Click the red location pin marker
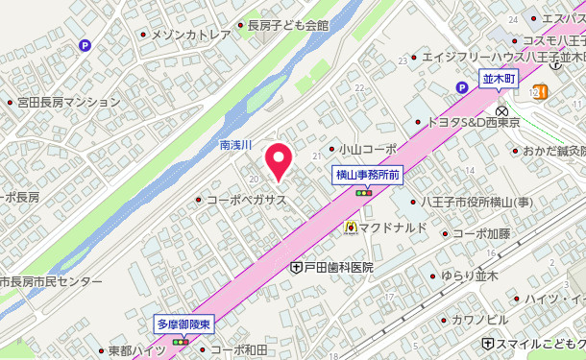279,160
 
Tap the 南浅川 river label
234,145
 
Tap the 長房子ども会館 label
287,26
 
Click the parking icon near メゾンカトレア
85,44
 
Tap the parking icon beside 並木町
462,87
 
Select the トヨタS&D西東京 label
473,123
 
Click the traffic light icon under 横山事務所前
364,193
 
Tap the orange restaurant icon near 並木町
541,91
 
